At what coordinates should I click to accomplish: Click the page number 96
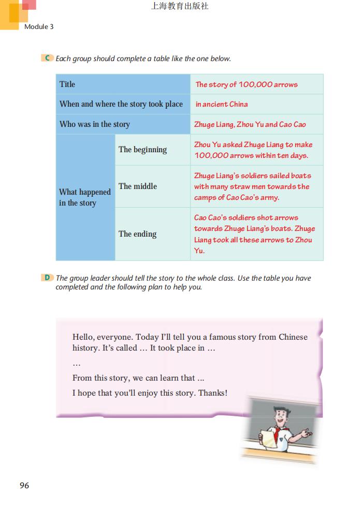pos(24,485)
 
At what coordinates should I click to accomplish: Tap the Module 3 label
pos(39,26)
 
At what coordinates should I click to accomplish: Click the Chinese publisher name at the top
pos(180,6)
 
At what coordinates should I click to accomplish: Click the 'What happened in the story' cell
pos(85,197)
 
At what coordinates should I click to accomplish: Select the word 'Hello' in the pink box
pos(84,337)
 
